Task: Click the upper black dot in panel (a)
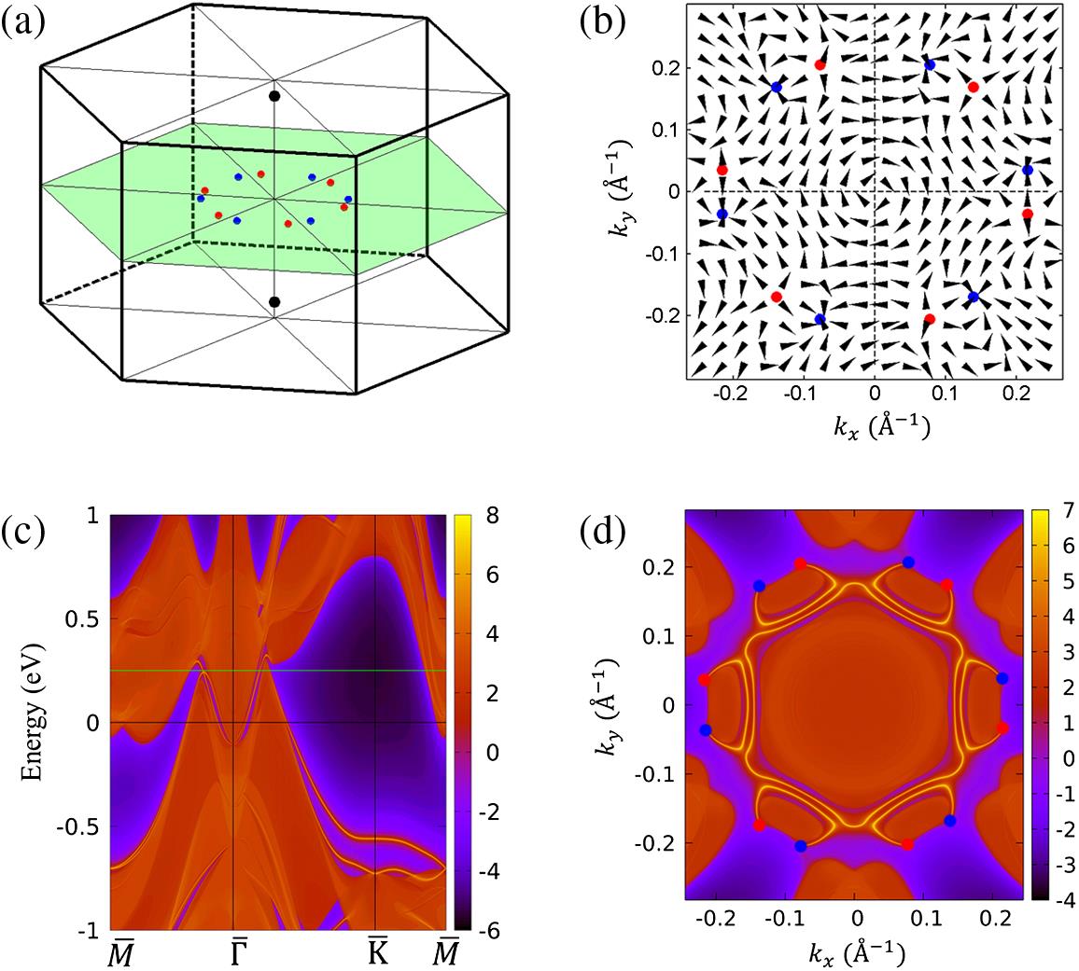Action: [274, 96]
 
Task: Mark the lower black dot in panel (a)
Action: [274, 301]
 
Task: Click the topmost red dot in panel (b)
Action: [820, 64]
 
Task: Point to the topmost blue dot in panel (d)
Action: [908, 562]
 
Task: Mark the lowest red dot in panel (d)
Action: [907, 844]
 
